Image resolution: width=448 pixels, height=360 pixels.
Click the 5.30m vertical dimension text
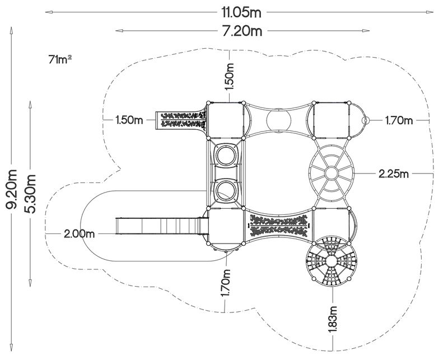pos(31,194)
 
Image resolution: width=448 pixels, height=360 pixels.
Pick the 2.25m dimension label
pos(394,174)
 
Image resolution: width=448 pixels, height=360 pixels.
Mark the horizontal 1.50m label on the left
pos(129,120)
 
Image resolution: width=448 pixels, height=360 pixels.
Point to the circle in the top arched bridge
pos(278,119)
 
